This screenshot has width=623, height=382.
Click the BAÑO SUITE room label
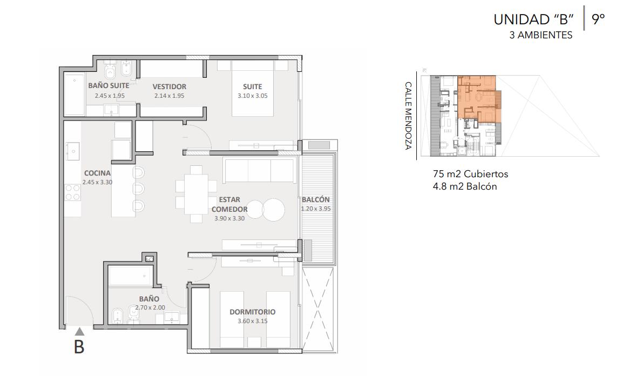[x=109, y=85]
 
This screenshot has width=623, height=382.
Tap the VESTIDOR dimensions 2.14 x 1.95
[x=170, y=96]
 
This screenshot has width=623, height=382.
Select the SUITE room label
[x=253, y=86]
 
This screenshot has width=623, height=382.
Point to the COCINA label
[x=97, y=173]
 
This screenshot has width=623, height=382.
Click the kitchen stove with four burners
[x=73, y=192]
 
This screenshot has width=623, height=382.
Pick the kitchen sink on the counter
[x=73, y=151]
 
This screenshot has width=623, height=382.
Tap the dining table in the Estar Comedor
[x=197, y=193]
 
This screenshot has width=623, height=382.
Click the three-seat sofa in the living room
[x=260, y=170]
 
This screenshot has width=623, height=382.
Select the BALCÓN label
[x=315, y=199]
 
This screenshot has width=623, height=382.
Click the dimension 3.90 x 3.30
[x=229, y=218]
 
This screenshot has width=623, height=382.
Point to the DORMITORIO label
[x=252, y=312]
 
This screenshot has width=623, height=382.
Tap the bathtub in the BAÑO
[x=130, y=276]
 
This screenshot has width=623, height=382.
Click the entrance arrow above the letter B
[x=79, y=331]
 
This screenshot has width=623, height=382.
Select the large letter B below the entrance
[x=79, y=347]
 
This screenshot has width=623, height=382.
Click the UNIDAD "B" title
[x=533, y=19]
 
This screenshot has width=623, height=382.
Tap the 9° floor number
[x=598, y=19]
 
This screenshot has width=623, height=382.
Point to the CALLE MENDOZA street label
[x=408, y=116]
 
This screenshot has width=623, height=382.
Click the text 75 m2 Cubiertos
[x=470, y=174]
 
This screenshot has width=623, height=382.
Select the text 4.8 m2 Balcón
[x=465, y=186]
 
